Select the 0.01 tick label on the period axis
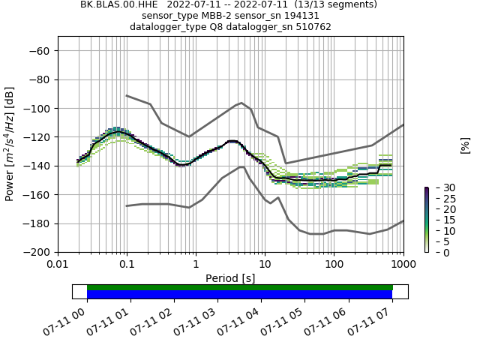coord(58,265)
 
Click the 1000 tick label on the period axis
coord(403,265)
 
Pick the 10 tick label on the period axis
coord(265,265)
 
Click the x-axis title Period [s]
coord(230,278)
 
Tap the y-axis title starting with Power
coord(10,145)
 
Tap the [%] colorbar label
coord(465,145)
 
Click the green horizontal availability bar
coord(240,287)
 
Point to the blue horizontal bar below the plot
coord(240,295)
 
